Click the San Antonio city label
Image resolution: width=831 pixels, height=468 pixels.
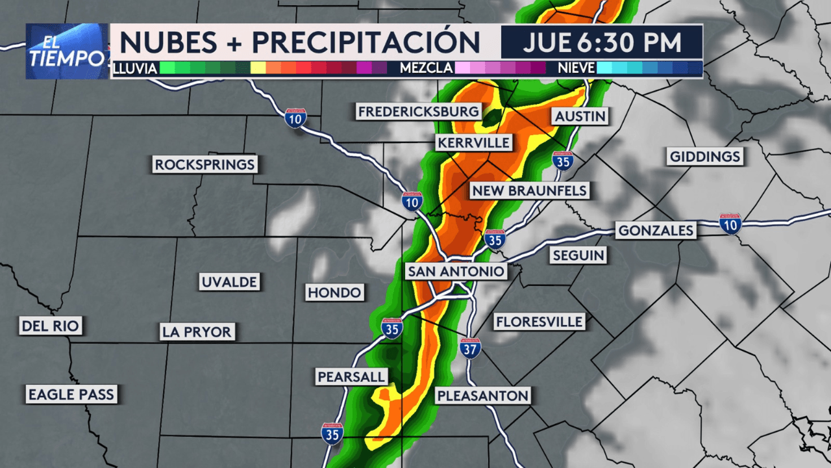point(456,271)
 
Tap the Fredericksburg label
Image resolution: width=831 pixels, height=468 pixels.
point(419,112)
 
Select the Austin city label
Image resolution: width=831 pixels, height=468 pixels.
point(580,116)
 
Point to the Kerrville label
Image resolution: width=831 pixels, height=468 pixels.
point(474,142)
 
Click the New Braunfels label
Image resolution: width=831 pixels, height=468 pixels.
point(530,190)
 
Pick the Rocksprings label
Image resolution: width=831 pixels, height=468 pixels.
point(205,164)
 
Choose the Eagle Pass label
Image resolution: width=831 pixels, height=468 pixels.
point(71,393)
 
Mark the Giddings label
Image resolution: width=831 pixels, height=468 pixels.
point(705,157)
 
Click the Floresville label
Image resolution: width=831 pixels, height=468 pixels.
point(539,321)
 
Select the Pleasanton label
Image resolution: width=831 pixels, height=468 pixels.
point(482,395)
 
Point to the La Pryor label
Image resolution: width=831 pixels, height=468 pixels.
point(197,332)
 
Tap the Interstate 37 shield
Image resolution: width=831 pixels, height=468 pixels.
point(471,348)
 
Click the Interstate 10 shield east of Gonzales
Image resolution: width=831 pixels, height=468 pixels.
point(730,223)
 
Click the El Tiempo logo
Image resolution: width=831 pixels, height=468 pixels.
point(67,51)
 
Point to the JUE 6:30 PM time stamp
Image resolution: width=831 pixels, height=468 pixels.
point(602,42)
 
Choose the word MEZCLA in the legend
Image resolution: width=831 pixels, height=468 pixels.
point(426,68)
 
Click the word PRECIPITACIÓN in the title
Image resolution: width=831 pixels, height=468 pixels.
point(366,42)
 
